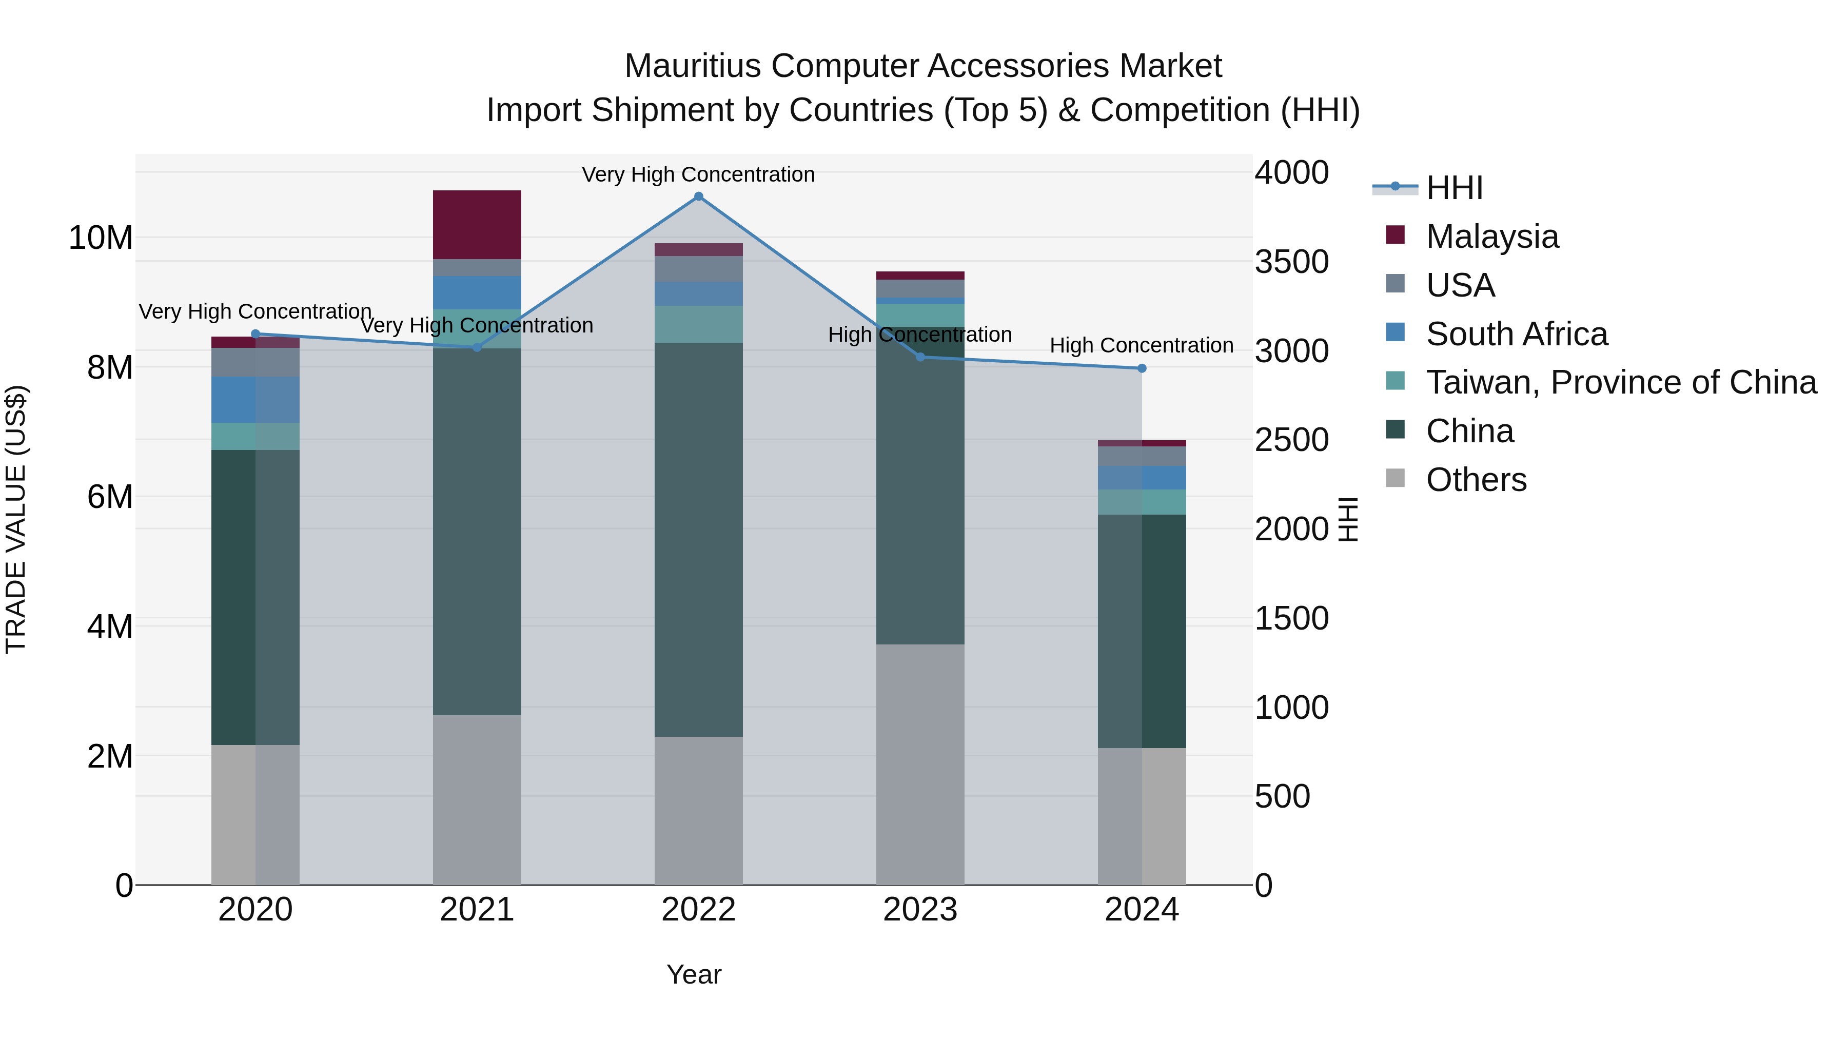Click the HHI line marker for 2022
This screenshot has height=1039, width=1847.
point(698,197)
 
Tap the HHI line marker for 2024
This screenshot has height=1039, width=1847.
point(1142,368)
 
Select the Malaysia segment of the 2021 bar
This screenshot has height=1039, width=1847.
point(477,224)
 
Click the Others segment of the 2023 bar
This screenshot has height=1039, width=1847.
point(920,764)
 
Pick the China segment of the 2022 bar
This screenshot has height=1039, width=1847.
point(698,539)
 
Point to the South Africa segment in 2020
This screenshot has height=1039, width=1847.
point(256,399)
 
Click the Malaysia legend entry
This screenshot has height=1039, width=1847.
point(1491,237)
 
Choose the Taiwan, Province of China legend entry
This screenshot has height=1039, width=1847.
point(1620,382)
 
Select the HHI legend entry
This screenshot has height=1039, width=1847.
point(1454,188)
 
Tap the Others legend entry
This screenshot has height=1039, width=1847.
point(1476,480)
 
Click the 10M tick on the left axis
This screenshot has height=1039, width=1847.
point(101,238)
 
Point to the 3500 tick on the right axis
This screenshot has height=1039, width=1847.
point(1291,262)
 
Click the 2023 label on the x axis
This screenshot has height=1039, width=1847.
point(920,910)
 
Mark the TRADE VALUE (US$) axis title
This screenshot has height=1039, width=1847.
point(16,519)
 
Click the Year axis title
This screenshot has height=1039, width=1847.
point(693,974)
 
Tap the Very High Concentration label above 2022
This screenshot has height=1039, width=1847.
point(698,174)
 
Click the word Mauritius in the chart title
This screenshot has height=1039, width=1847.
point(692,66)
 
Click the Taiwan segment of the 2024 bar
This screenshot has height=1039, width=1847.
point(1142,502)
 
